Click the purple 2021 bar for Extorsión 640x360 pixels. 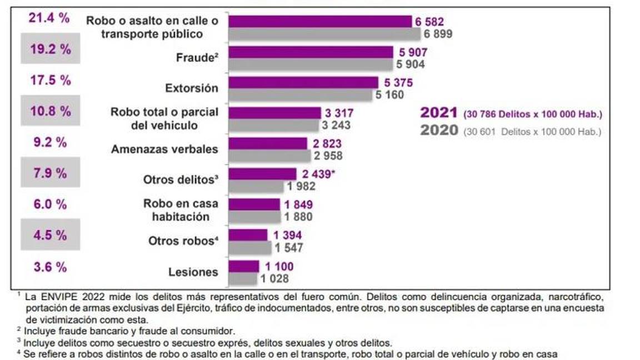[303, 82]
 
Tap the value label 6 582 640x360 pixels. [429, 22]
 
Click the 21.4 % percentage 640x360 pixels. [49, 18]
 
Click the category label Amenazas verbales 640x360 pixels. [164, 149]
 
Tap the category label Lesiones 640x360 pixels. [193, 272]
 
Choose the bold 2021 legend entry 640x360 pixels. [439, 113]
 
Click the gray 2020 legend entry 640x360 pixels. [439, 131]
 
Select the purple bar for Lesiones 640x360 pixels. [244, 266]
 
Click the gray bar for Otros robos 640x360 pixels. [250, 247]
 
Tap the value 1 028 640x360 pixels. [273, 278]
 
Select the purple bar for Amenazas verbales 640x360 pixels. [268, 143]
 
